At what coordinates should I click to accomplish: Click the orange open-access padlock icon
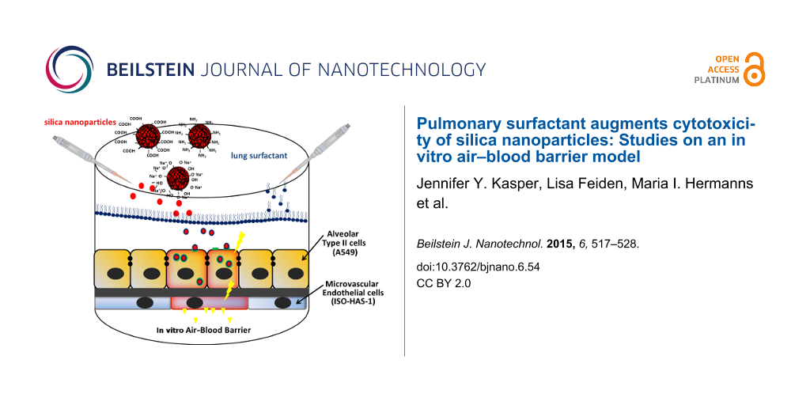coord(755,69)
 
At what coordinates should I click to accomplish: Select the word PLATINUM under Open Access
coord(717,80)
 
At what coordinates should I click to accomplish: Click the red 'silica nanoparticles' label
coord(79,123)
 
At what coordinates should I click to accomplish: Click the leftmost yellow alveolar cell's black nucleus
coord(112,273)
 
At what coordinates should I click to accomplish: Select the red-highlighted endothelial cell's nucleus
coord(195,303)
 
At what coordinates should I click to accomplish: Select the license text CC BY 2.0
coord(443,283)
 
